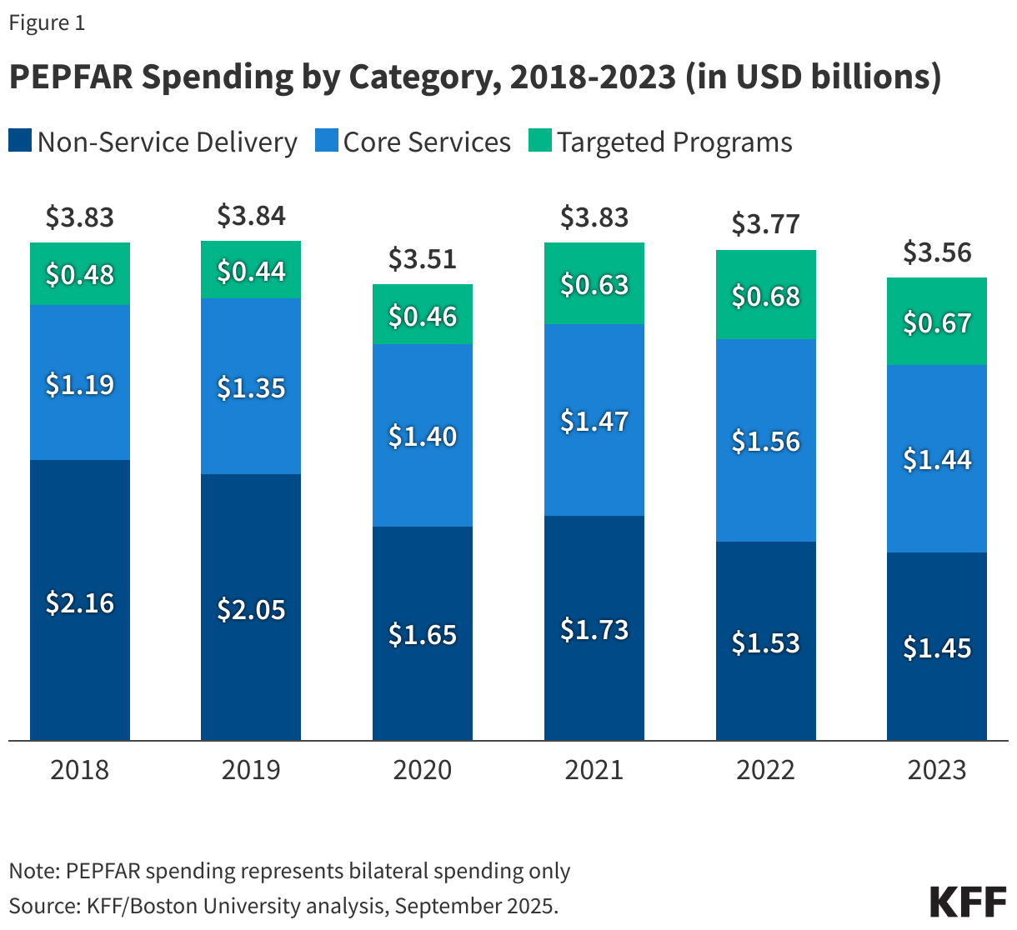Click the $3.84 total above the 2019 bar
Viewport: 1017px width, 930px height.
251,216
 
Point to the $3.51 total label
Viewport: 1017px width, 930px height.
422,258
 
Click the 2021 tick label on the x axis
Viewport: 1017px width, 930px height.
594,769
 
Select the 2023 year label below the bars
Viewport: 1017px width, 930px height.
936,769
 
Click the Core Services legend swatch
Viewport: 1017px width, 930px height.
326,141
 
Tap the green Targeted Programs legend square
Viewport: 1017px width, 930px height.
540,141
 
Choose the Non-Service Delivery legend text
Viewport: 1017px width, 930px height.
167,142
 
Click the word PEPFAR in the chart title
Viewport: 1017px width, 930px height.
68,77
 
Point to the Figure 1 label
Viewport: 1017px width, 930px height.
47,22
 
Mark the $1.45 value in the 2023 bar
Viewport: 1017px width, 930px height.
936,647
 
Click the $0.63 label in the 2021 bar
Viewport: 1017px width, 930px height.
594,285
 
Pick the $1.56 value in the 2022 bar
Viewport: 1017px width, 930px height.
765,441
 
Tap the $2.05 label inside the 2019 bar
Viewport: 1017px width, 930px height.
251,609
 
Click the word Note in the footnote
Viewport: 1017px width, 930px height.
32,871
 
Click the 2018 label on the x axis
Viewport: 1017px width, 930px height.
79,769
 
